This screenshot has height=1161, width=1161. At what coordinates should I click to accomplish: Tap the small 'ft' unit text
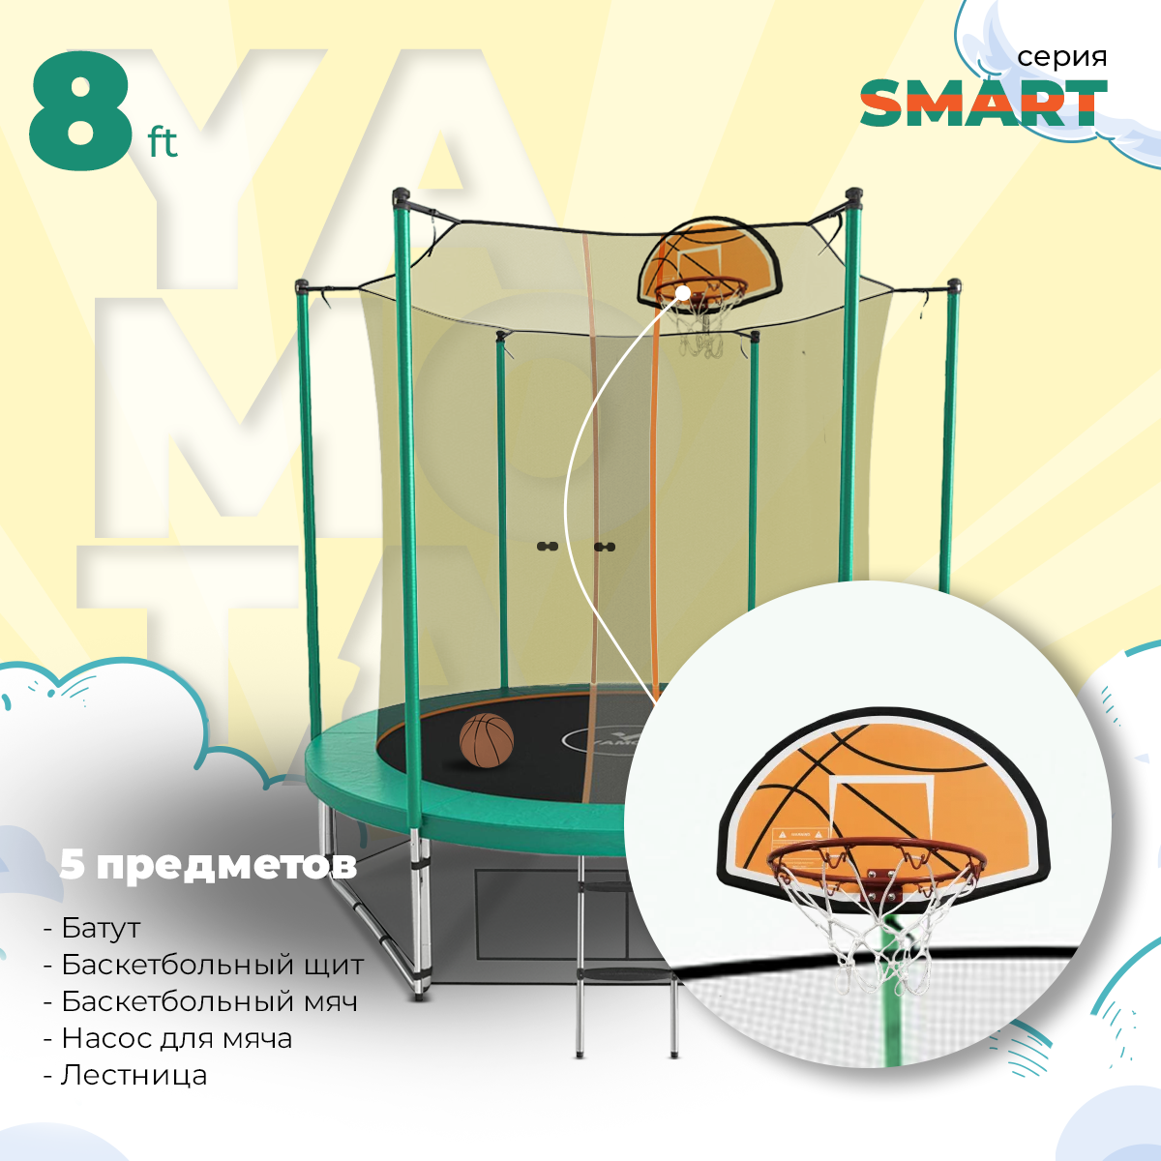click(x=163, y=144)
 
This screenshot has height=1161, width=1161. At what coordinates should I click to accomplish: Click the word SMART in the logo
click(x=983, y=104)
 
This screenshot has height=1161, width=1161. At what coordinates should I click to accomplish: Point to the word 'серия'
click(x=1061, y=57)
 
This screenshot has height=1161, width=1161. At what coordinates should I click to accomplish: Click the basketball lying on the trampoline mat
click(x=486, y=741)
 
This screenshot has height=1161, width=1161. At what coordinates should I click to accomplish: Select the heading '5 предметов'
click(x=208, y=864)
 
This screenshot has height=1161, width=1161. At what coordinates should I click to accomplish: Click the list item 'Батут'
click(x=101, y=928)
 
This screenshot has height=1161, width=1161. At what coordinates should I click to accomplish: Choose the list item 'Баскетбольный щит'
click(x=212, y=965)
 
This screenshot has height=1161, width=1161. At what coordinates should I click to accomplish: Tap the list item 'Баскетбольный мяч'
click(x=209, y=1001)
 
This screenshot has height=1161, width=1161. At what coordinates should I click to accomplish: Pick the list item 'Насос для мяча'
click(x=176, y=1038)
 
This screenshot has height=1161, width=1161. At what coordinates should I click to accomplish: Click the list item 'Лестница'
click(x=134, y=1075)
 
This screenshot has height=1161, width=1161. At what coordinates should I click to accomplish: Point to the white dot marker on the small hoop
click(x=683, y=291)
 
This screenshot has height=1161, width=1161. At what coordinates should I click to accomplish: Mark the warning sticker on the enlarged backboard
click(x=796, y=833)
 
